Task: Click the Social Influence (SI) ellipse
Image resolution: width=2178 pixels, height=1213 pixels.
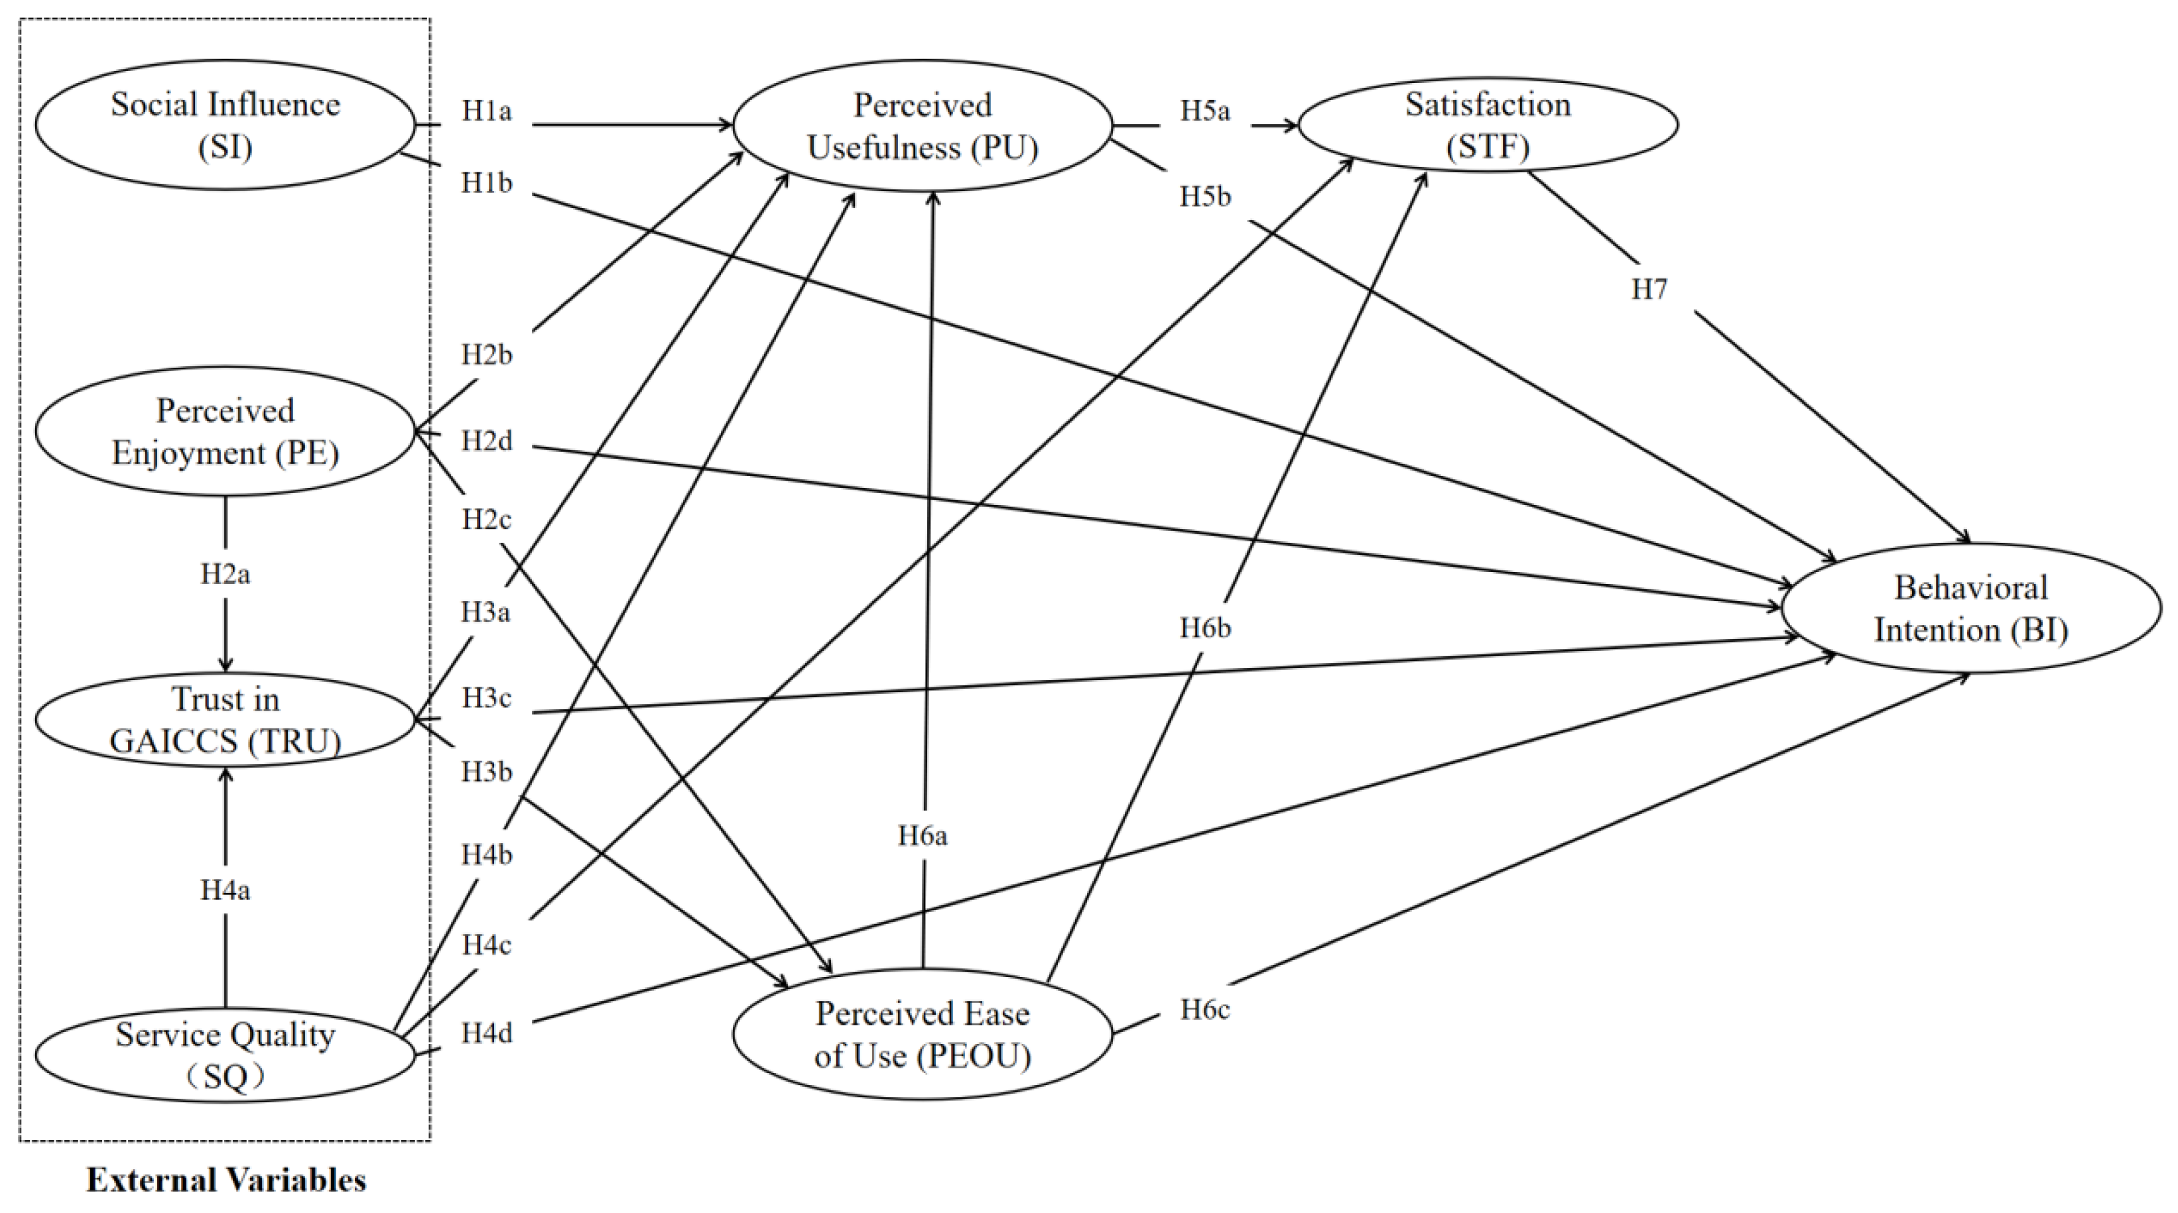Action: coord(225,125)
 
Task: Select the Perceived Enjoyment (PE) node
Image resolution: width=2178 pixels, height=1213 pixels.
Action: coord(225,431)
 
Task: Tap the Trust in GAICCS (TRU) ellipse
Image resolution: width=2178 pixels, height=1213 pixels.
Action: coord(225,721)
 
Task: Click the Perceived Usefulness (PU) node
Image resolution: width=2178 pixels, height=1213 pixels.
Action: coord(923,126)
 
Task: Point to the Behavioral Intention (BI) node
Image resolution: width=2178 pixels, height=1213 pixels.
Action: coord(1970,608)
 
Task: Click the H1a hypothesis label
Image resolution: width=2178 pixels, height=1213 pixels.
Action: coord(486,111)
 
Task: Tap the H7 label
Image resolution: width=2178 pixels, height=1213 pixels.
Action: coord(1649,290)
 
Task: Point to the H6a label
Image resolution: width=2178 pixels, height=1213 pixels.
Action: coord(923,836)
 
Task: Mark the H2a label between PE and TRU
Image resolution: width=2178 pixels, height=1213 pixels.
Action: coord(225,575)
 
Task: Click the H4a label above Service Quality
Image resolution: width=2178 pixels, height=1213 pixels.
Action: coord(225,890)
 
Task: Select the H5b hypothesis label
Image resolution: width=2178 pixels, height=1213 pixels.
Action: coord(1206,197)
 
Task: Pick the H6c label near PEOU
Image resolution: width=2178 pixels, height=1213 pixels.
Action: coord(1206,1010)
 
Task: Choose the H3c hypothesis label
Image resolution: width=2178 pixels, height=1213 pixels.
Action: coord(486,699)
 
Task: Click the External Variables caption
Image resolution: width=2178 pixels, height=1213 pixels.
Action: coord(227,1180)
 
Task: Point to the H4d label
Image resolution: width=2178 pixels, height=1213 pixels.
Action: coord(486,1033)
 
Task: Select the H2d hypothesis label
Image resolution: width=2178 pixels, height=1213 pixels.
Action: coord(486,441)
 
